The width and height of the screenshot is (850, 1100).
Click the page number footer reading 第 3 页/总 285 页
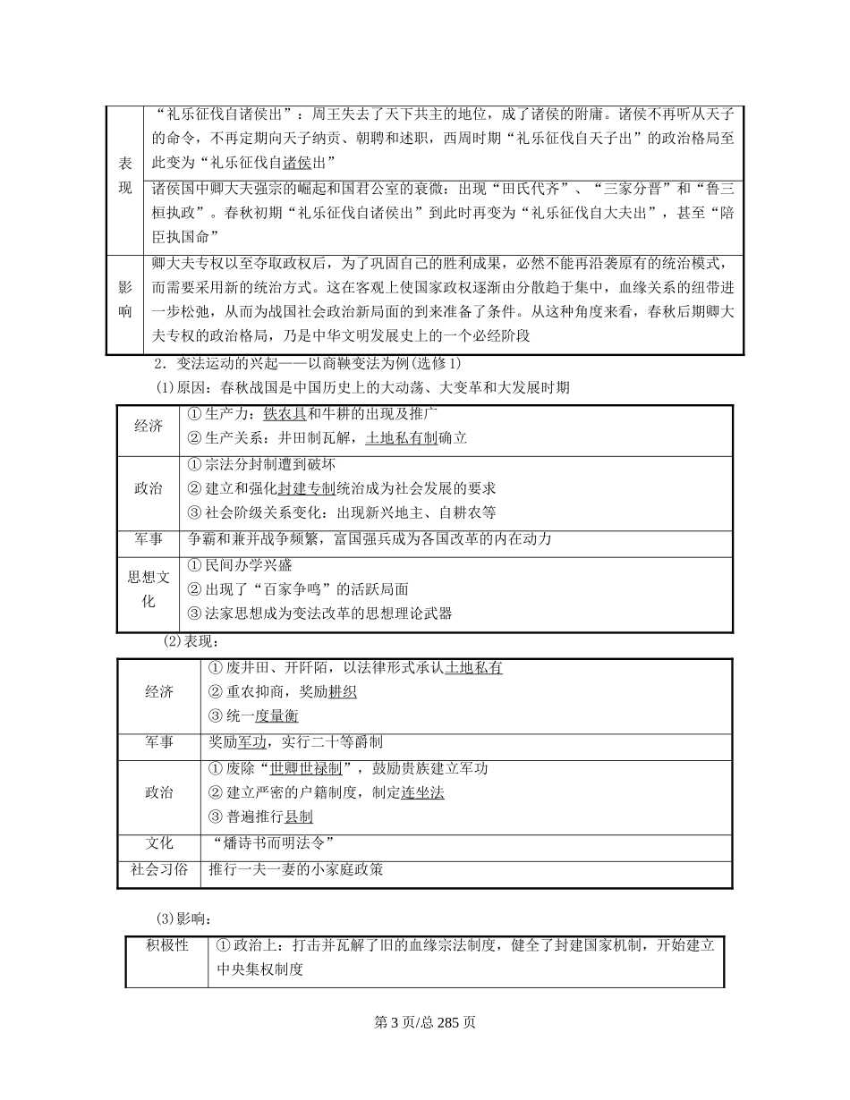[424, 1022]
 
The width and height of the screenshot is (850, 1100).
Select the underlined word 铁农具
[285, 414]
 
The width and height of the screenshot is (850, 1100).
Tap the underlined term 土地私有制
[402, 438]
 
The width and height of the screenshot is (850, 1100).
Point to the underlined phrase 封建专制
[306, 488]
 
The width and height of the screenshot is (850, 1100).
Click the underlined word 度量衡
[276, 715]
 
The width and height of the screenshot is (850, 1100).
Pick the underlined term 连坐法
[422, 792]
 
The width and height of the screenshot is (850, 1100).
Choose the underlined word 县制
[299, 817]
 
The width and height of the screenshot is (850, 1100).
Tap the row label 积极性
[167, 945]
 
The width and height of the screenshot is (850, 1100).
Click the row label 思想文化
[149, 589]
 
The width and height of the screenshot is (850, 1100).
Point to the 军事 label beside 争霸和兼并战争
[149, 539]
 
